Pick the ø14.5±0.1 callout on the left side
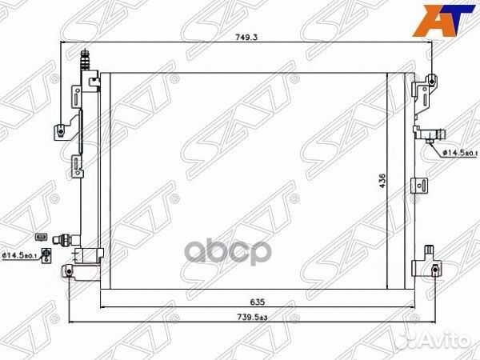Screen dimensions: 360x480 click(x=21, y=254)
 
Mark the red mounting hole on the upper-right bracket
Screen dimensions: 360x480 click(x=432, y=79)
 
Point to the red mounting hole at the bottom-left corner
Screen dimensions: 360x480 click(x=70, y=273)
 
